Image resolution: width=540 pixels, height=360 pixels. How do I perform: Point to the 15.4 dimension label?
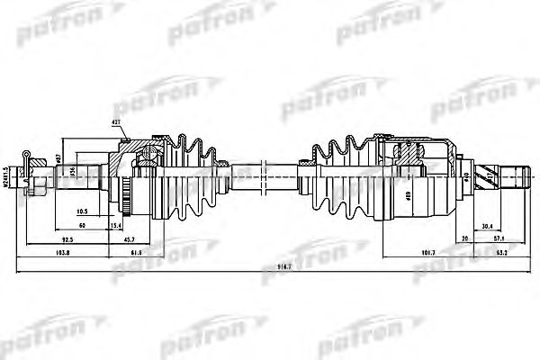(x=115, y=225)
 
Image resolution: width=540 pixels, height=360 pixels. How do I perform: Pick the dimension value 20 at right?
(x=464, y=240)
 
